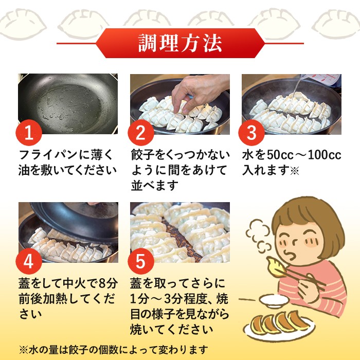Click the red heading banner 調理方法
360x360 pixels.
coord(180,43)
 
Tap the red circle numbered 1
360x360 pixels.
coord(29,133)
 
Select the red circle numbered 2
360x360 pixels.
coord(141,133)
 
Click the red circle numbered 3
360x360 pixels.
coord(251,133)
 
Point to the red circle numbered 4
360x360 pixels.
coord(29,261)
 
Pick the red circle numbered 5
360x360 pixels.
coord(141,261)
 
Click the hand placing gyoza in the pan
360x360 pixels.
coord(197,92)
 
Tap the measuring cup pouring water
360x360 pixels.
coord(321,79)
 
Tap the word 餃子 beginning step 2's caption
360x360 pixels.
coord(142,154)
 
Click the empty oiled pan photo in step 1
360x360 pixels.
coord(68,104)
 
